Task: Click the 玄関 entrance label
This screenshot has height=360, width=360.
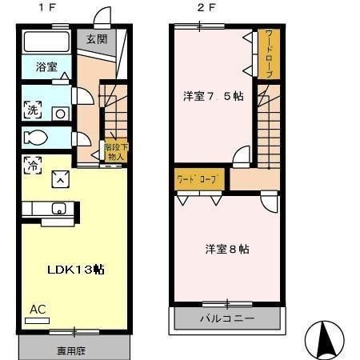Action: (98, 39)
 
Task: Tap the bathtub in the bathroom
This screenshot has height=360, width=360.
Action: (45, 42)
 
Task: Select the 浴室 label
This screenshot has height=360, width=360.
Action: (46, 67)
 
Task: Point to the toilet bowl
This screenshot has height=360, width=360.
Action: (37, 138)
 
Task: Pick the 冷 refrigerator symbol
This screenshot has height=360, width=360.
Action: (33, 166)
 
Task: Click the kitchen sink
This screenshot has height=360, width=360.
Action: (58, 210)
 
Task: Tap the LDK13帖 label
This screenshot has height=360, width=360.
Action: (74, 269)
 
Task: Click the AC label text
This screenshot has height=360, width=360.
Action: (38, 309)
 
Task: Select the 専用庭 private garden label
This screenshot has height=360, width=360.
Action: (72, 350)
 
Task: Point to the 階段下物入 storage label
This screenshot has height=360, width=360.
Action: (115, 151)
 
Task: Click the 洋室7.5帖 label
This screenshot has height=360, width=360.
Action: (213, 97)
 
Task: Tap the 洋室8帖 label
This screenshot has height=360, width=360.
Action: (226, 249)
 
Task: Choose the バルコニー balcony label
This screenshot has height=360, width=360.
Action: (226, 318)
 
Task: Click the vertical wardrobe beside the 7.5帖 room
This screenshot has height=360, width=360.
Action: (268, 54)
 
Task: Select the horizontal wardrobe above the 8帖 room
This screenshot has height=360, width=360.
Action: (199, 178)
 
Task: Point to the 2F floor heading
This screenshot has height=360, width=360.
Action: (207, 8)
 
